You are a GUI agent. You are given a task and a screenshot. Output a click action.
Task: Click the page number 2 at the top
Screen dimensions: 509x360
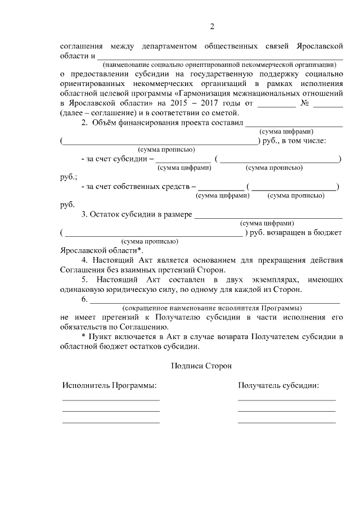click(212, 26)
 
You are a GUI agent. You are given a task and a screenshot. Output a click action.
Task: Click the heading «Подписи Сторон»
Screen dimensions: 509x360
click(201, 365)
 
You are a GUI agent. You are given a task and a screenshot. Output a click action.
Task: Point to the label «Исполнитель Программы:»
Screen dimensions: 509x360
click(110, 386)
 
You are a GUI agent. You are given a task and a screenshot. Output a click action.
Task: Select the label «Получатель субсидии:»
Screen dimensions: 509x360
click(278, 386)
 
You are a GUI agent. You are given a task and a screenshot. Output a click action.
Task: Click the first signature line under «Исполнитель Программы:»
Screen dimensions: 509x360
click(111, 400)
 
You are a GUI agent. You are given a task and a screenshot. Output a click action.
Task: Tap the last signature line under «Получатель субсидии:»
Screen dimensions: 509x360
click(286, 421)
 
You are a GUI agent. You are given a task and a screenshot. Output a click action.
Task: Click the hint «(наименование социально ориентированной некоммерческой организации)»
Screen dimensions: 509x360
click(219, 64)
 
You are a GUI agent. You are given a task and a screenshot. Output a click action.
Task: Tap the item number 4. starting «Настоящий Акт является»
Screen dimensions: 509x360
click(85, 260)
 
